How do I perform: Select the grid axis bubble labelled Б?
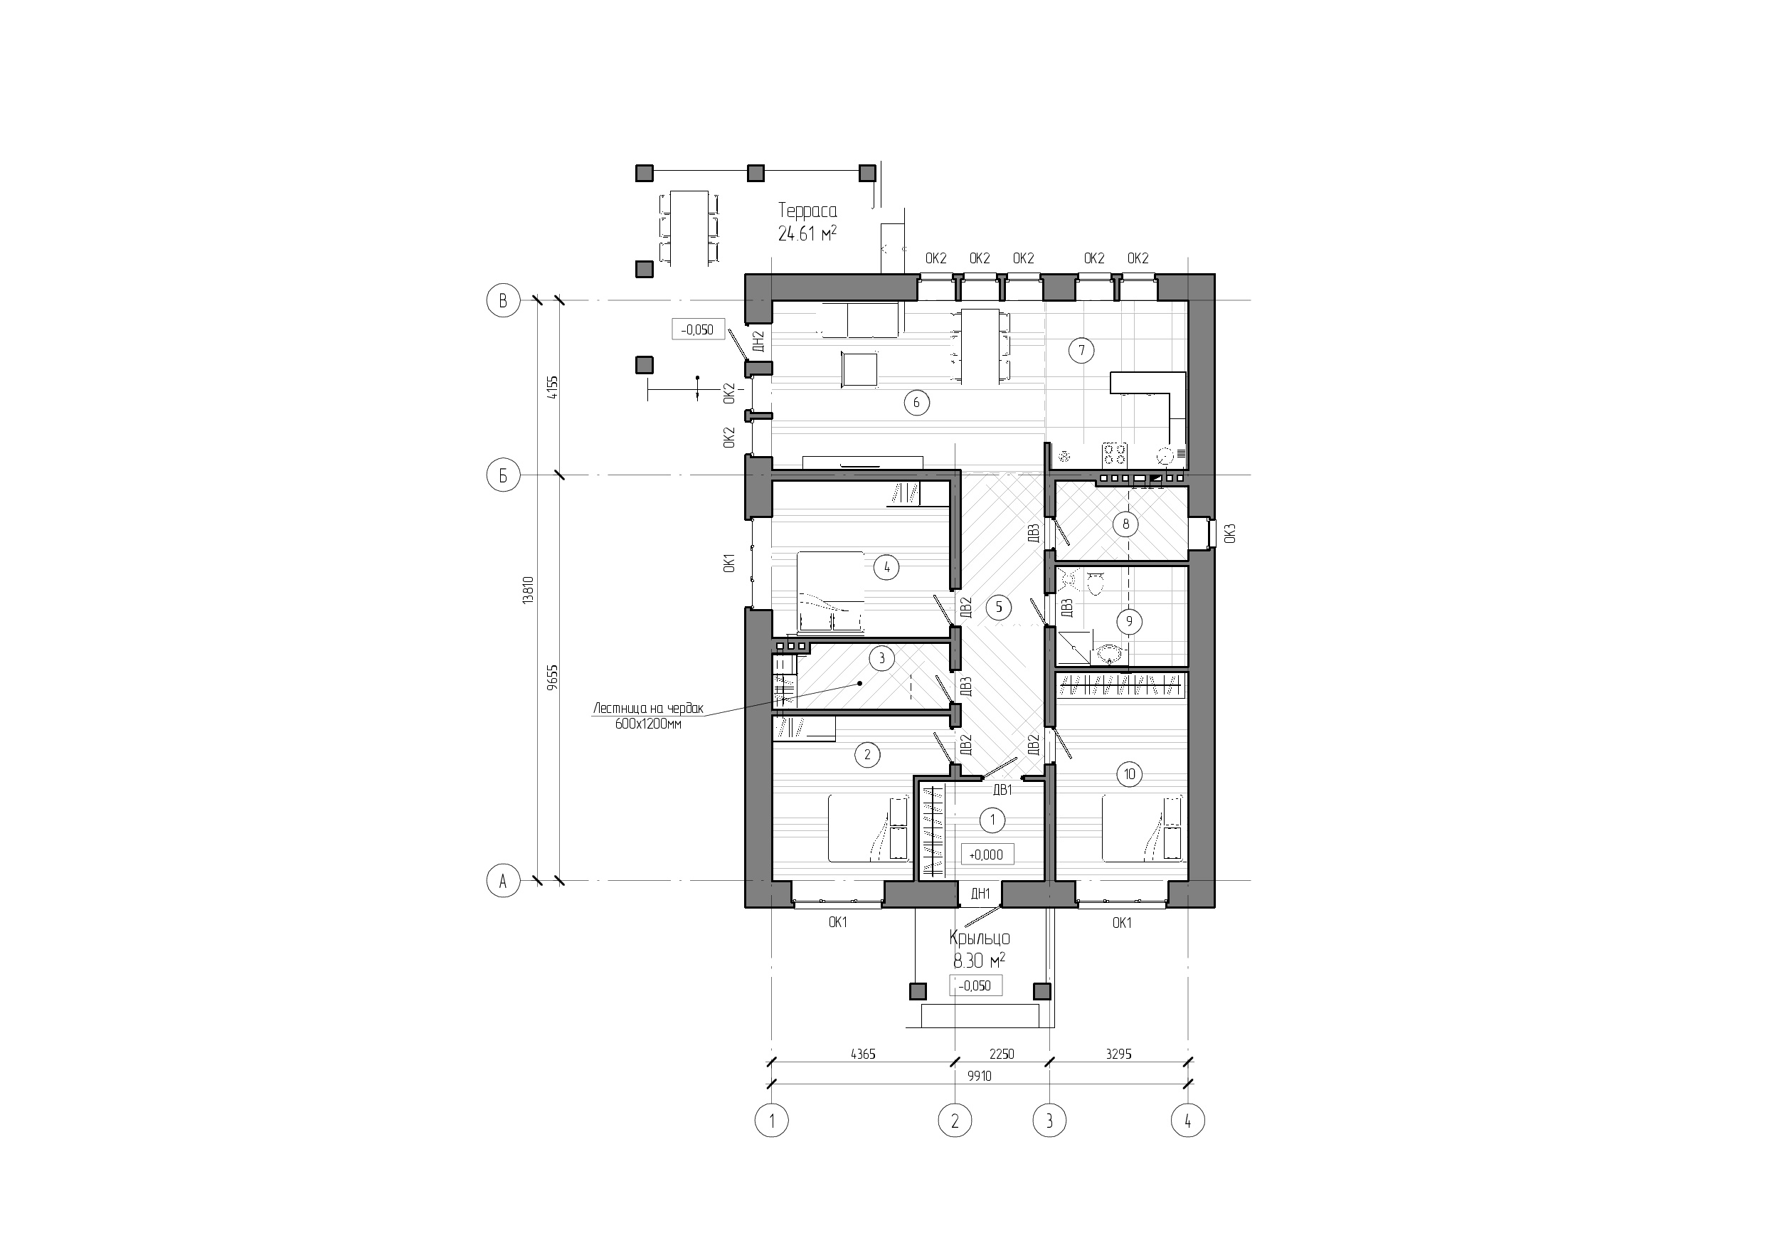[x=504, y=476]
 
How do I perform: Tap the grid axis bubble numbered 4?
[x=1187, y=1121]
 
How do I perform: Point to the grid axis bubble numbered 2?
[x=955, y=1121]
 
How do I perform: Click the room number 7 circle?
[x=1081, y=351]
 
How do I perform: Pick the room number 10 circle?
[x=1129, y=774]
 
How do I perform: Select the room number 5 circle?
[x=999, y=608]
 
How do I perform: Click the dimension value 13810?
[x=528, y=590]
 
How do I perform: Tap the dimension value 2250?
[x=1001, y=1054]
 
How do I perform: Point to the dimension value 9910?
[x=979, y=1077]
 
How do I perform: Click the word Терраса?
[x=807, y=210]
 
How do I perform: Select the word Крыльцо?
[x=980, y=938]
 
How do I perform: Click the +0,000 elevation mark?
[x=986, y=855]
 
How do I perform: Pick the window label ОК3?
[x=1229, y=533]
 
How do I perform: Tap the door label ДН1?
[x=980, y=893]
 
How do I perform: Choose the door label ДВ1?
[x=1002, y=790]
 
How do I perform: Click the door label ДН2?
[x=758, y=341]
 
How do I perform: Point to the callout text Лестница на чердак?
[x=648, y=709]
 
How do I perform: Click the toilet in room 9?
[x=1096, y=584]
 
